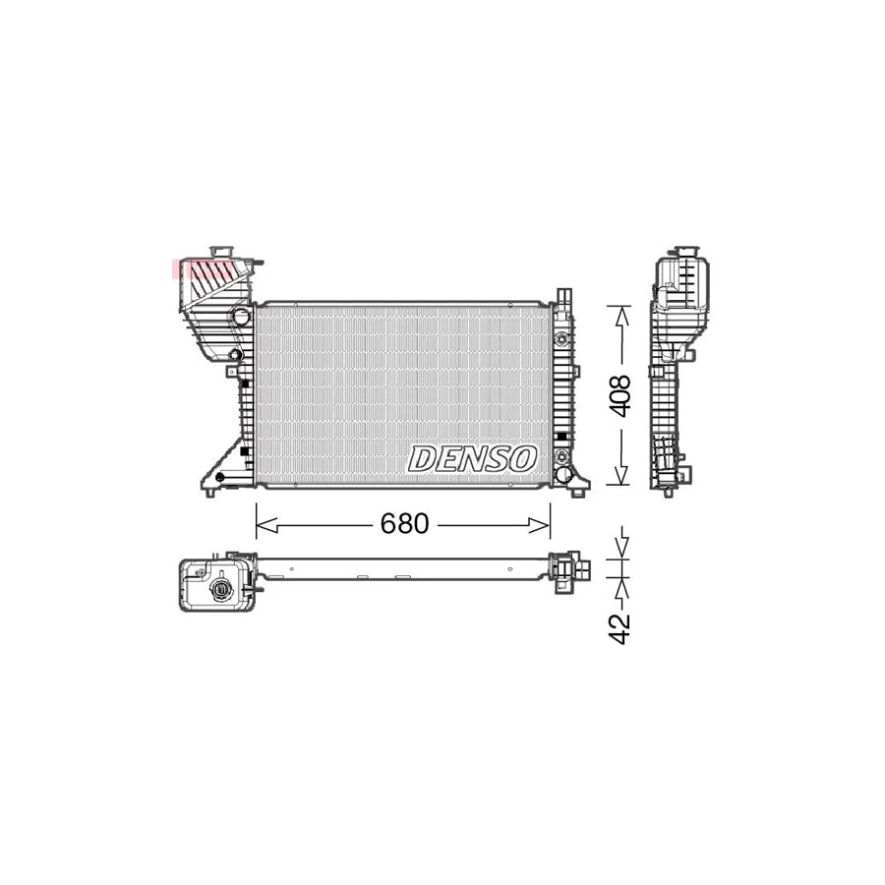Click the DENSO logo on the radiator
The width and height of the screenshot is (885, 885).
click(473, 457)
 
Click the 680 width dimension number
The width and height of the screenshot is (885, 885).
click(404, 525)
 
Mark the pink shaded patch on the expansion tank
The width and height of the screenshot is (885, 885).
click(202, 266)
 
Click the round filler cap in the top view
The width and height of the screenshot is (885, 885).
click(221, 589)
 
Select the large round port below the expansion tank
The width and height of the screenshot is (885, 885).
click(240, 316)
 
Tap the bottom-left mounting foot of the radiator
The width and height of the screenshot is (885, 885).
click(209, 486)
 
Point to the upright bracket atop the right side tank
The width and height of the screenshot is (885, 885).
click(563, 298)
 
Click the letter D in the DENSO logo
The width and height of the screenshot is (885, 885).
click(424, 458)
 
